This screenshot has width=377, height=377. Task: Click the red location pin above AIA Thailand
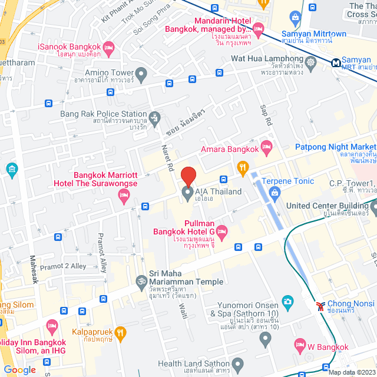point(188,176)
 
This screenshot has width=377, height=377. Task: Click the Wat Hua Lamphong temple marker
point(310,60)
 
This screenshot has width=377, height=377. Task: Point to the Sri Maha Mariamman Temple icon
point(141,282)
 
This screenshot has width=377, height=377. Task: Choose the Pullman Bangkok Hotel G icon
point(221,230)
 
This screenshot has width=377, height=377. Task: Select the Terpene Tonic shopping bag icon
point(274,192)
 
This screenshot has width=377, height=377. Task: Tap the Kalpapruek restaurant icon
point(120,333)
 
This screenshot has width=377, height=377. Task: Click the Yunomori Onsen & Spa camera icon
point(287,302)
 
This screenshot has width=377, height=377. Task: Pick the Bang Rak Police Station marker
point(154,116)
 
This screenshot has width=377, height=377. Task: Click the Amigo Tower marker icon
point(141,74)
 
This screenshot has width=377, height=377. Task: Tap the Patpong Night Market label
point(335,147)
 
